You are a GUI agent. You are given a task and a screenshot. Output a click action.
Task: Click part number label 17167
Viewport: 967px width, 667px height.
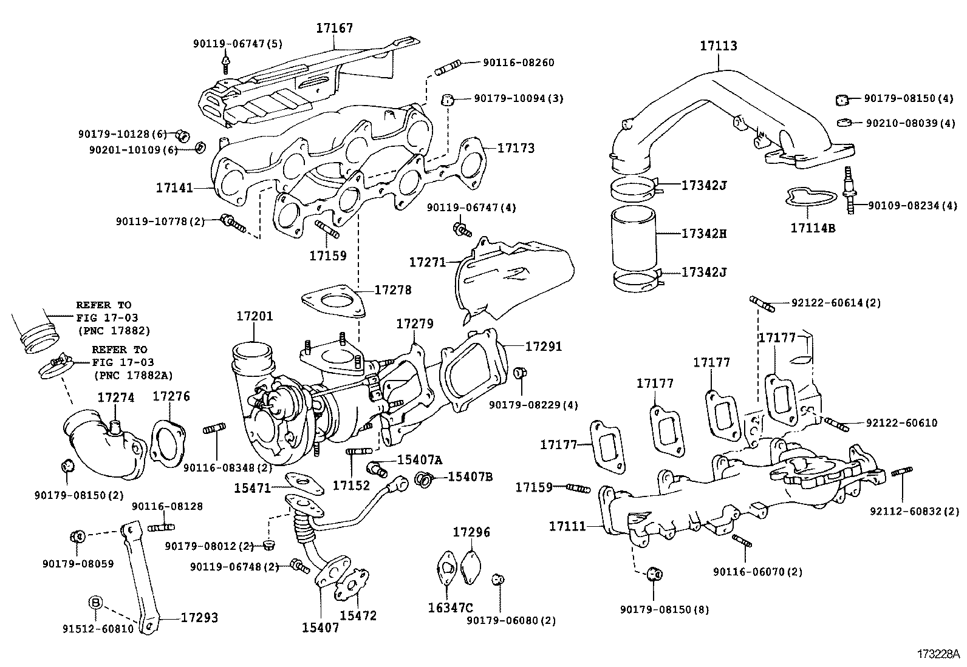[334, 28]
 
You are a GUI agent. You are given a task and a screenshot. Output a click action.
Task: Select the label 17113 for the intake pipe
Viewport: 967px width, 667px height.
[718, 46]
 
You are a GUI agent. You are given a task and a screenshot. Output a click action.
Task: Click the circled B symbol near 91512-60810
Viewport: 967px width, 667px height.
[95, 602]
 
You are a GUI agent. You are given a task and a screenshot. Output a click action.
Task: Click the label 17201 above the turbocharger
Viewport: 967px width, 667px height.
[255, 316]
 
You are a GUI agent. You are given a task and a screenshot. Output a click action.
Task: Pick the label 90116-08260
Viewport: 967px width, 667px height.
[518, 63]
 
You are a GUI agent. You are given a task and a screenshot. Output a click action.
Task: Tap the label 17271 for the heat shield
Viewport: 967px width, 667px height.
[427, 262]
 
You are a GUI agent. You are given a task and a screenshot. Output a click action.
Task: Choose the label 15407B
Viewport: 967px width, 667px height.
[470, 477]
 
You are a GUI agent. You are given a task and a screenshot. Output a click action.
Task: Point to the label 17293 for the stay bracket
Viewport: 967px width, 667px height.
[199, 618]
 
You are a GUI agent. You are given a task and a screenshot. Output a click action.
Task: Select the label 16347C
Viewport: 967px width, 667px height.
[450, 607]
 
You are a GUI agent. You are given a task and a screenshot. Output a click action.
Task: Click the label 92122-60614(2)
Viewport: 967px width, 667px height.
[835, 302]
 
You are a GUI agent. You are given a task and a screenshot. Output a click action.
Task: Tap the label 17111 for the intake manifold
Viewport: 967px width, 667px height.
[568, 526]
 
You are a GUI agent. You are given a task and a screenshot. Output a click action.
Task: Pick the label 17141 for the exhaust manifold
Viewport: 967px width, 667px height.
[174, 188]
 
